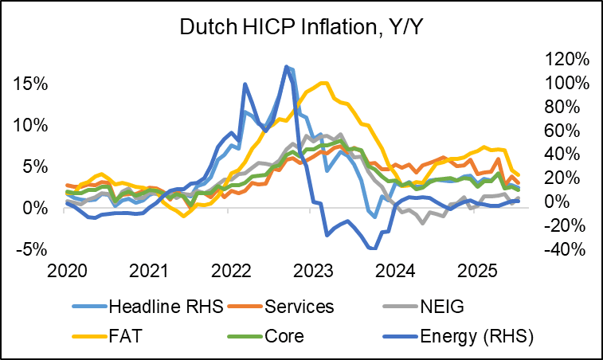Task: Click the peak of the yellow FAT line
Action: click(323, 83)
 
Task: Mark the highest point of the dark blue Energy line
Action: click(287, 66)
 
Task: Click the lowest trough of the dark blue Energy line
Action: click(372, 248)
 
